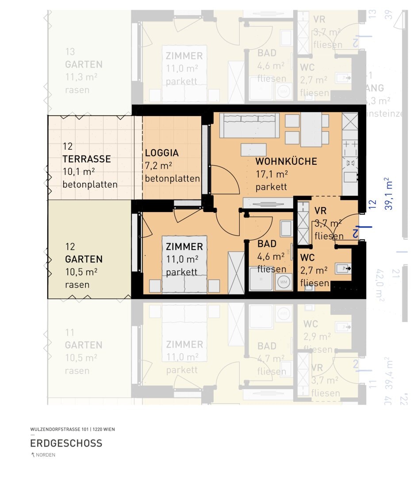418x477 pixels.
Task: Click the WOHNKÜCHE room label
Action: (286, 162)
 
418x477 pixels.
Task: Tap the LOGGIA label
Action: (162, 153)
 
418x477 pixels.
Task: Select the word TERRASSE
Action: (87, 159)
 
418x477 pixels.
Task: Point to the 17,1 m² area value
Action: (272, 174)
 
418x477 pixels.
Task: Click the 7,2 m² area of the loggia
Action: (158, 166)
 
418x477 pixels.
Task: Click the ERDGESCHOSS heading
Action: (66, 443)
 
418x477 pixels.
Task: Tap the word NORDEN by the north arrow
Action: (46, 455)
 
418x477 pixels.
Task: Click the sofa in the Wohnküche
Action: (249, 125)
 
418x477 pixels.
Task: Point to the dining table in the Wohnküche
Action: (311, 129)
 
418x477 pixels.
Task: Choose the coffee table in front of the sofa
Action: (253, 150)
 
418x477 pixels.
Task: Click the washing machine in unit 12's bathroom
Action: (283, 282)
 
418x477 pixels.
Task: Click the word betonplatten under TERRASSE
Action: (90, 185)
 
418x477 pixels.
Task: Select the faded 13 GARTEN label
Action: (84, 64)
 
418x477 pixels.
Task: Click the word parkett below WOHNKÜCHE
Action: (271, 187)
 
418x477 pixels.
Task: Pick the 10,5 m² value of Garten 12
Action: (81, 272)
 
